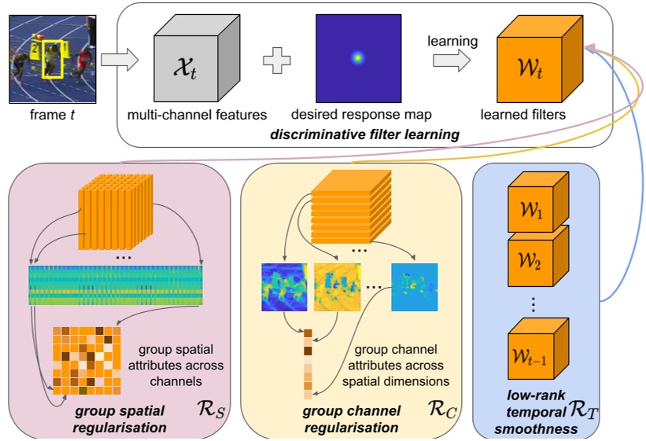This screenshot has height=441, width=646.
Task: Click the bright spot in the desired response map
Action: [358, 57]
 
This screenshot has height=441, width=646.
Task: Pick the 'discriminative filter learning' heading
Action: [364, 135]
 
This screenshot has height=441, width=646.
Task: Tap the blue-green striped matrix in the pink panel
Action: [115, 285]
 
